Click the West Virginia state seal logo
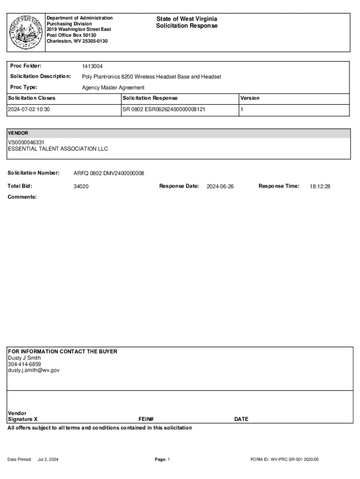[x=26, y=32]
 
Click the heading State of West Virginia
[x=187, y=19]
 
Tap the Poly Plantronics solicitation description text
[x=151, y=77]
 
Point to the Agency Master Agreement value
[x=113, y=87]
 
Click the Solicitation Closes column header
[x=31, y=98]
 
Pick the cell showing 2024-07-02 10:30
[x=29, y=109]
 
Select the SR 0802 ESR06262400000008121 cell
[x=164, y=109]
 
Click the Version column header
[x=250, y=98]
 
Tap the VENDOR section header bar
[x=178, y=133]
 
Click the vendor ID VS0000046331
[x=26, y=143]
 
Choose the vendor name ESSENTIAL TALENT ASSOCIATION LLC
[x=58, y=149]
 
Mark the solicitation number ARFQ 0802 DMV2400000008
[x=109, y=174]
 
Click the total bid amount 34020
[x=81, y=186]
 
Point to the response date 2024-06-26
[x=220, y=186]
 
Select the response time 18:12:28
[x=320, y=186]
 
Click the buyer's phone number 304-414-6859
[x=24, y=364]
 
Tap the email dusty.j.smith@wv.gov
[x=34, y=370]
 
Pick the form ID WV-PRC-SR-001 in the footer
[x=284, y=459]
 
